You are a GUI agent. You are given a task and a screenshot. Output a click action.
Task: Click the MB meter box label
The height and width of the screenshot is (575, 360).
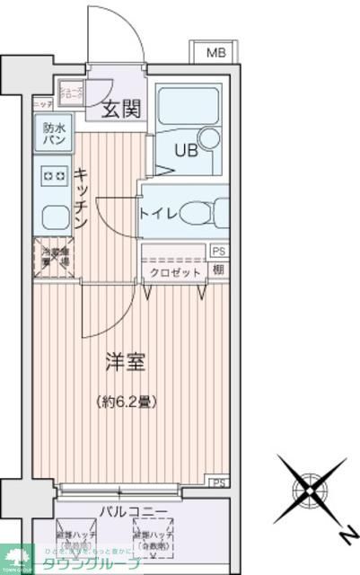click(216, 53)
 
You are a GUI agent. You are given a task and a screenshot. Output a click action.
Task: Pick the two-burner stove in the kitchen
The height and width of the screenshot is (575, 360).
click(54, 175)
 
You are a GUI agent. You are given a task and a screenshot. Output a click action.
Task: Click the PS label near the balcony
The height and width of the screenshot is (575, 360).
click(218, 483)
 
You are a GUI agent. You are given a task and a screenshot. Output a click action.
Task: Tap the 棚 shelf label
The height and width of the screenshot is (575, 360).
click(218, 270)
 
